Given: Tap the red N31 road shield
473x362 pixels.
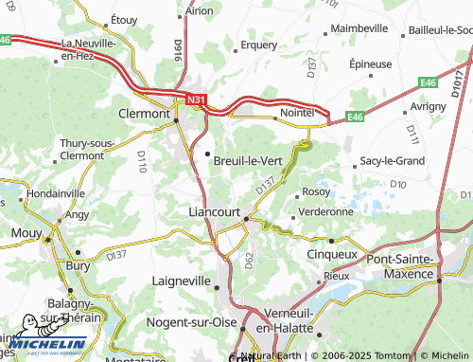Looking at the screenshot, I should pos(196,99).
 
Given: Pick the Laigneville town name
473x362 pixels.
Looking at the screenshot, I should pos(184,281).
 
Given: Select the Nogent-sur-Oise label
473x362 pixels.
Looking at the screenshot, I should pos(192,322).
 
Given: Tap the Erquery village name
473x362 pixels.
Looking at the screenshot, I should pos(258,44).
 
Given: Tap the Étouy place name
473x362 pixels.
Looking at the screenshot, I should pos(124,19).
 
